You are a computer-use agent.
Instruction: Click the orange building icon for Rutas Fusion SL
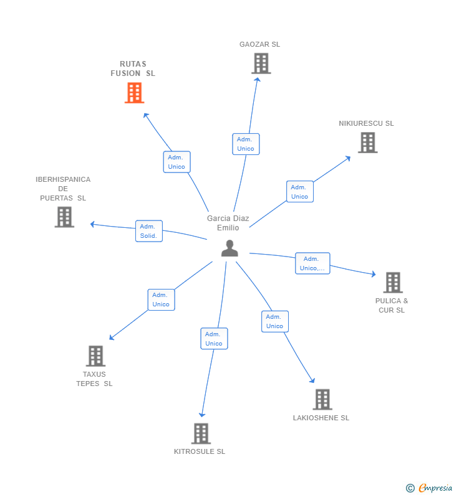tap(134, 93)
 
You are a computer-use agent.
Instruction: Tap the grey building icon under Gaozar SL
tap(261, 64)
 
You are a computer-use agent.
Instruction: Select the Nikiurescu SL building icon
tap(367, 143)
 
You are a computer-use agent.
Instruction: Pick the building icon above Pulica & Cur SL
tap(392, 283)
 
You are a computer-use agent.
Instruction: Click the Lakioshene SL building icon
tap(322, 399)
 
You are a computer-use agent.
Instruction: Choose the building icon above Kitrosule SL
tap(200, 433)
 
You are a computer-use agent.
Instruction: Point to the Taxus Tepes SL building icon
tap(95, 356)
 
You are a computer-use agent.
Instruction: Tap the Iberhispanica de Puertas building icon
tap(64, 217)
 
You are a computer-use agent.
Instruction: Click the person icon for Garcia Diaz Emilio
tap(229, 248)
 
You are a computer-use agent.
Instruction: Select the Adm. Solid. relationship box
tap(148, 231)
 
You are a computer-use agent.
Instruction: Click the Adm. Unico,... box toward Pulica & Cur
tap(312, 263)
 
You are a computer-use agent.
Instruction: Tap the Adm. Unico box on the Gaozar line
tap(245, 144)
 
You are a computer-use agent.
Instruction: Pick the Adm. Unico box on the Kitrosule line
tap(214, 339)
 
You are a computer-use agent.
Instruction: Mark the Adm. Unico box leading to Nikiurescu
tap(299, 192)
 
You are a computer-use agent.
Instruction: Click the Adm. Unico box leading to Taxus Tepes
tap(161, 299)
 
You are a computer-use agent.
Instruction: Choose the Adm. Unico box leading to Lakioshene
tap(274, 321)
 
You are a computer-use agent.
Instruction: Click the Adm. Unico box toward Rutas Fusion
tap(176, 162)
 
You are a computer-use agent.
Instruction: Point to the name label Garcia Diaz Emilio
tap(228, 223)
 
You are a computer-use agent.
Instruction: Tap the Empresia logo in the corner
tap(430, 488)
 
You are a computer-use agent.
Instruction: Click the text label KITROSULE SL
tap(200, 451)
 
